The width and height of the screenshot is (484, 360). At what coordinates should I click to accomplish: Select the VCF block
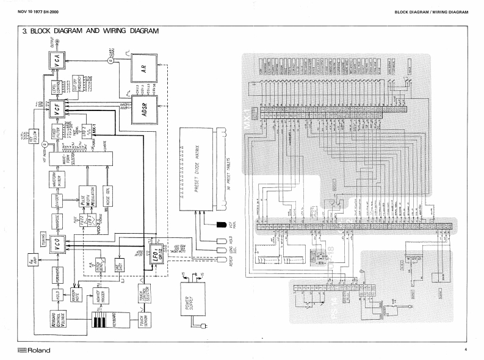[57, 111]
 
